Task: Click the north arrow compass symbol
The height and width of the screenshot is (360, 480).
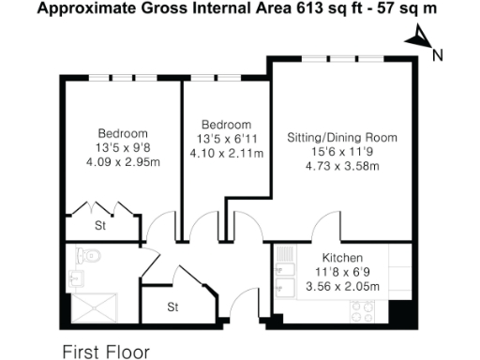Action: [x=419, y=37]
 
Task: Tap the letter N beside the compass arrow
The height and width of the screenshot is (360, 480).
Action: [x=437, y=54]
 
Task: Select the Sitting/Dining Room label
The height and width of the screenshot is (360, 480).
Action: [x=341, y=137]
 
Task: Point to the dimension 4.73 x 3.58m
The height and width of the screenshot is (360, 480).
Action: [x=341, y=167]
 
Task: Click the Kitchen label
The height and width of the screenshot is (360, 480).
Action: [x=342, y=257]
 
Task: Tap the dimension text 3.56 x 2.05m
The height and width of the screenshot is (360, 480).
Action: [x=342, y=287]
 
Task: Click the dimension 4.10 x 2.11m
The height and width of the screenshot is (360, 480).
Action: [x=227, y=154]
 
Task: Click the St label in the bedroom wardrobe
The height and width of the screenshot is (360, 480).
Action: [x=99, y=226]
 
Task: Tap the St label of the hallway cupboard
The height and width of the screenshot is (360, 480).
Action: [x=172, y=307]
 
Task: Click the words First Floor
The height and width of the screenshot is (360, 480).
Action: [x=105, y=352]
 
